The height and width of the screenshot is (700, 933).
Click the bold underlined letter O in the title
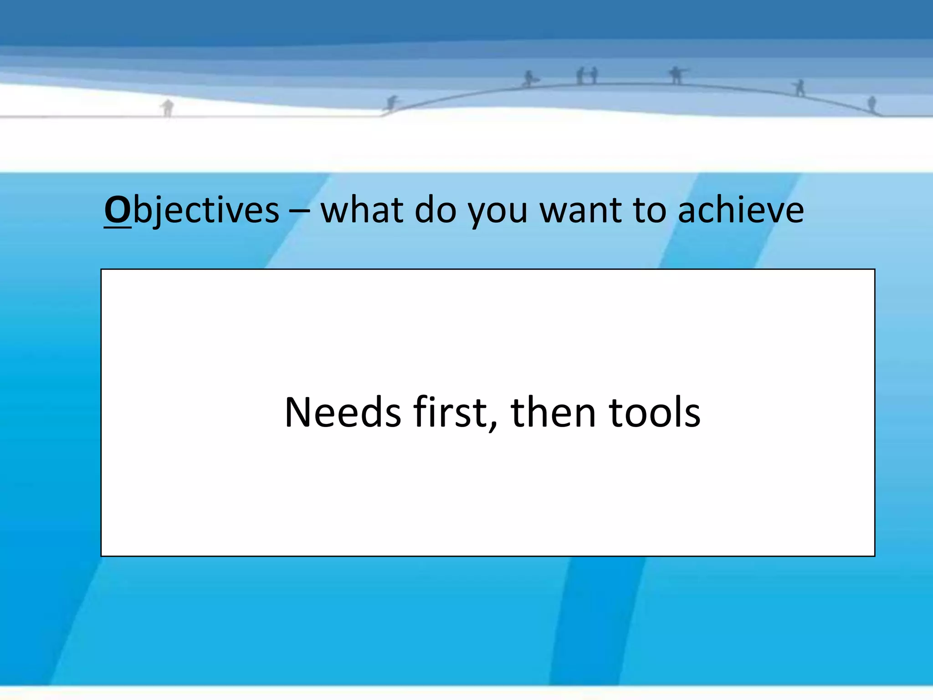[118, 210]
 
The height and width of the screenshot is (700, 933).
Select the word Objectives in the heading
[192, 210]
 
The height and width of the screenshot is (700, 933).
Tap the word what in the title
[362, 210]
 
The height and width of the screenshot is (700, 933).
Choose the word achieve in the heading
[741, 210]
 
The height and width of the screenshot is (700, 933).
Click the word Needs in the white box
[343, 412]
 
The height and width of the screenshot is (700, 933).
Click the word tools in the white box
[655, 412]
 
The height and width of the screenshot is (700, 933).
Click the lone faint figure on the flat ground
[168, 108]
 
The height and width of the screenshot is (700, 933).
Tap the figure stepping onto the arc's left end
[391, 103]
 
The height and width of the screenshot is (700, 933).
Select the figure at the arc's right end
[871, 104]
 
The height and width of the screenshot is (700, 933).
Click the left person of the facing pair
[580, 76]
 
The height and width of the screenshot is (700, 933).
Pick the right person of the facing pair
[594, 76]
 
